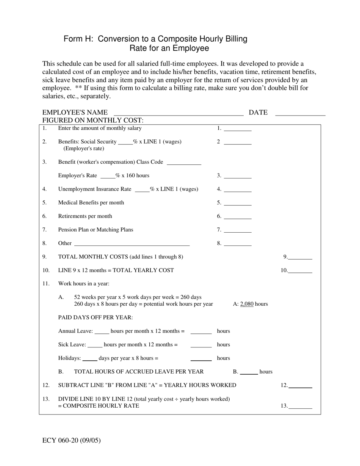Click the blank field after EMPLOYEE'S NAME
pos(178,113)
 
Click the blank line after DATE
pos(300,113)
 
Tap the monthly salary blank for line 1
pos(238,129)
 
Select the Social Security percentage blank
pos(125,142)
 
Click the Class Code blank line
pos(184,163)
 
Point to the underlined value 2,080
pos(247,304)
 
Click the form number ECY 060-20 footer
pos(72,440)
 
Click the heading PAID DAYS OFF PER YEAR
pos(95,317)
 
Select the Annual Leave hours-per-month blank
pos(102,332)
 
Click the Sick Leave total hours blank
pos(201,346)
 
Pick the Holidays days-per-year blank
pos(90,359)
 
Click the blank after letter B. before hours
pos(249,372)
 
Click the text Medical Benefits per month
pos(91,203)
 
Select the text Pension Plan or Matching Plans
pos(95,230)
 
